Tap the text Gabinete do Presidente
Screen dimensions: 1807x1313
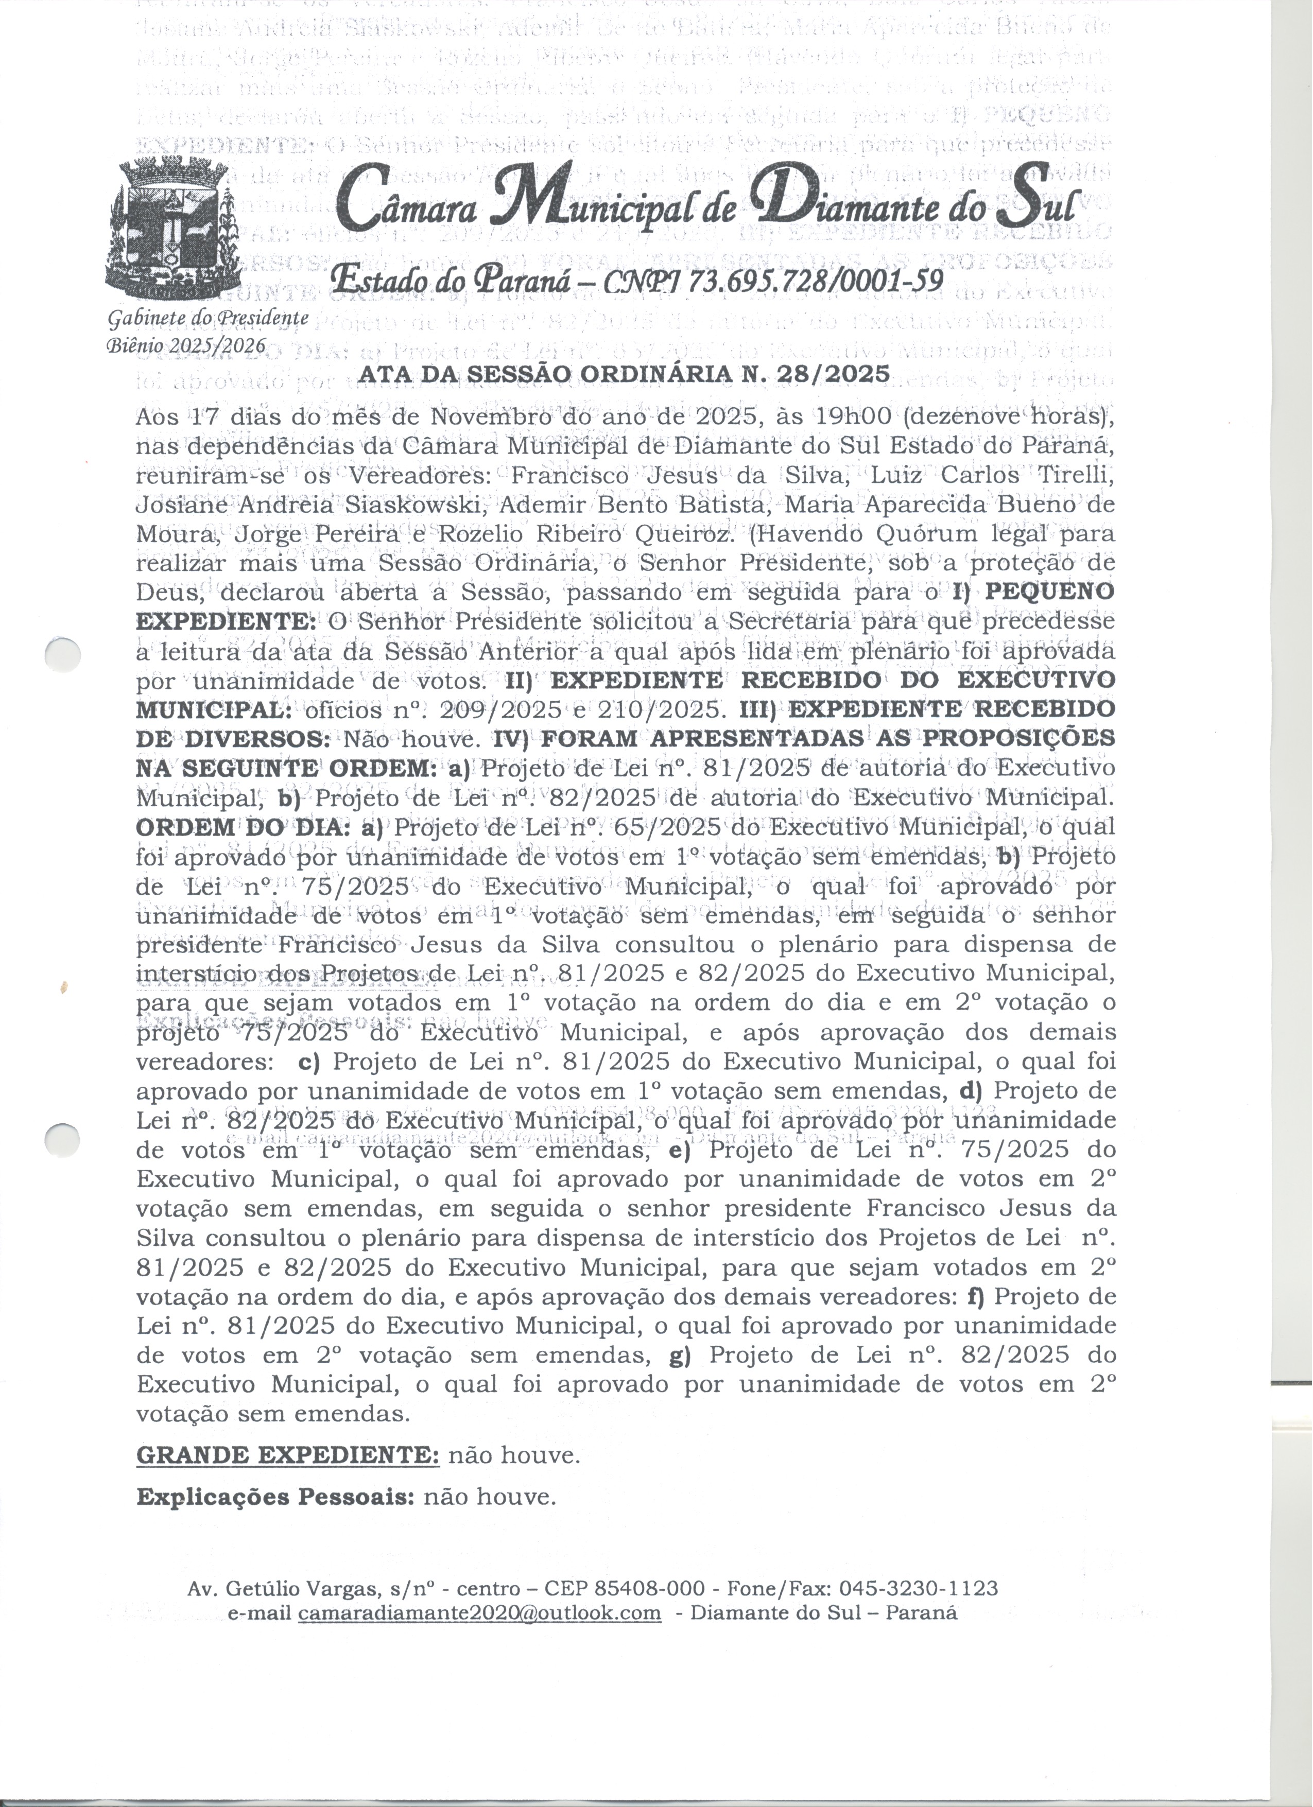tap(207, 318)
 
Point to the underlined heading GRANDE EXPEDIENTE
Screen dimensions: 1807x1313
tap(288, 1455)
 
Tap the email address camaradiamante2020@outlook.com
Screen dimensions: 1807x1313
tap(479, 1612)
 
